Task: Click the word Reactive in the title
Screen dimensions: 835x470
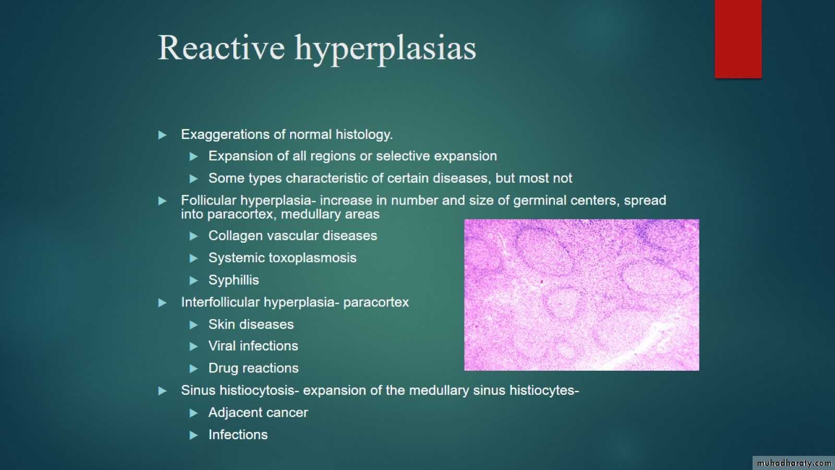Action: [x=221, y=48]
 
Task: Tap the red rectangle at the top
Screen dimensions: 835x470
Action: [x=738, y=39]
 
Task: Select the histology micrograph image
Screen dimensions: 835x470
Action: [x=581, y=295]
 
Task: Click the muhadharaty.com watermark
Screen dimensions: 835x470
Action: [x=794, y=463]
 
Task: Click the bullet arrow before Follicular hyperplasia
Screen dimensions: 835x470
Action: [x=162, y=201]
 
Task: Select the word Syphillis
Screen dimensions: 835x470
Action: [x=233, y=280]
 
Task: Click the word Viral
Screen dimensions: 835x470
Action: [x=222, y=346]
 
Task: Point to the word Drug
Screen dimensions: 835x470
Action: [x=222, y=369]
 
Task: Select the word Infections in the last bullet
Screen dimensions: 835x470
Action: [x=238, y=434]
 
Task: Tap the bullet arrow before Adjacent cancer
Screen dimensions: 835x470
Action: [x=194, y=413]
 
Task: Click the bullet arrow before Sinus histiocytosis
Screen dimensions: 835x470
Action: [x=162, y=391]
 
